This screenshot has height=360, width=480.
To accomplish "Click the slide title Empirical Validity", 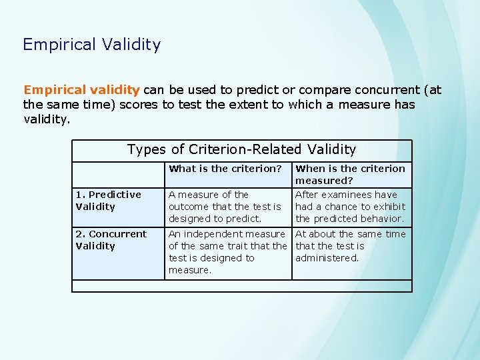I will click(91, 45).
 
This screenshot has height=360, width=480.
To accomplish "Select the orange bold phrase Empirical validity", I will click(81, 90).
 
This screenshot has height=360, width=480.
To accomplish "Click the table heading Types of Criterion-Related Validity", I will click(241, 149).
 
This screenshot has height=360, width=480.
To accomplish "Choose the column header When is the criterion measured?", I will click(350, 175).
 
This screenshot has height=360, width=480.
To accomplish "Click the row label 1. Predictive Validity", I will click(108, 201).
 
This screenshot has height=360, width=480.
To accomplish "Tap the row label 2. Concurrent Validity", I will click(111, 240).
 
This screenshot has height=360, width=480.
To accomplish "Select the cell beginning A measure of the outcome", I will click(225, 207).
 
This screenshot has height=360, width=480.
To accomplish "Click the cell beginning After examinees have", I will click(350, 207).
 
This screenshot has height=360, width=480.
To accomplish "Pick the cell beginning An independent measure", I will click(227, 252).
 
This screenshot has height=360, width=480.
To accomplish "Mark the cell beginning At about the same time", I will click(350, 246).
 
